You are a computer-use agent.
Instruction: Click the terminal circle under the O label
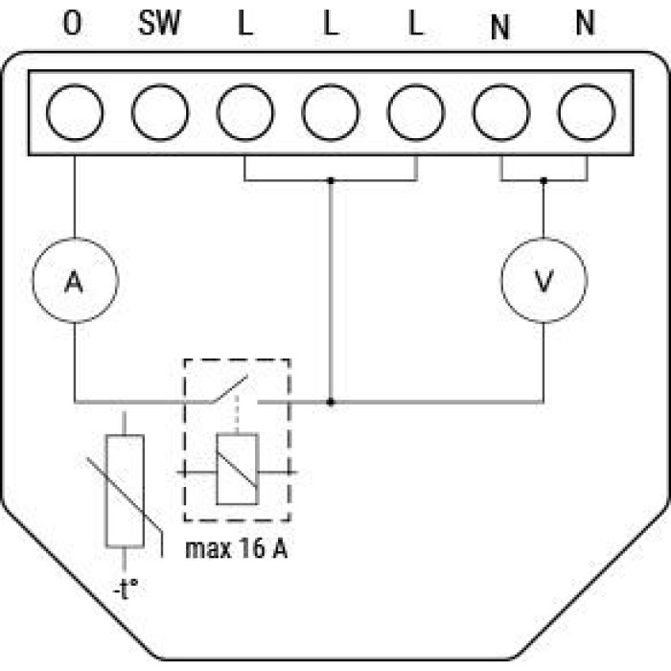pyautogui.click(x=75, y=112)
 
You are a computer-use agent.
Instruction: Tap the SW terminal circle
pyautogui.click(x=160, y=112)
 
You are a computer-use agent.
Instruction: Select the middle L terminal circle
pyautogui.click(x=331, y=112)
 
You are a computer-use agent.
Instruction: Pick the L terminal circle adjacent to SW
pyautogui.click(x=245, y=112)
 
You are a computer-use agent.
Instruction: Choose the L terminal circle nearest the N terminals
pyautogui.click(x=416, y=112)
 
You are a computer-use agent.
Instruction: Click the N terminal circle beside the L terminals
pyautogui.click(x=501, y=112)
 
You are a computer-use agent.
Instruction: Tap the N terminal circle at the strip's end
pyautogui.click(x=587, y=112)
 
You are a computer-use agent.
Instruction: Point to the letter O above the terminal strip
pyautogui.click(x=72, y=23)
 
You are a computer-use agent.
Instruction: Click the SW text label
pyautogui.click(x=160, y=23)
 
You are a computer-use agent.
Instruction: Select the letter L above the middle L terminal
pyautogui.click(x=332, y=23)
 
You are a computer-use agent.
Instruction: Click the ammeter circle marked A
pyautogui.click(x=76, y=280)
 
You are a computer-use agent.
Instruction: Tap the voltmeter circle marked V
pyautogui.click(x=544, y=280)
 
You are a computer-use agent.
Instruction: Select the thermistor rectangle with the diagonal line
pyautogui.click(x=125, y=491)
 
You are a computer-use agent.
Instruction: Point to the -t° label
pyautogui.click(x=126, y=590)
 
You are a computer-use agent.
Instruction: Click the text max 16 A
pyautogui.click(x=236, y=549)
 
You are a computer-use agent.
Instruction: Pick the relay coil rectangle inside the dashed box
pyautogui.click(x=238, y=469)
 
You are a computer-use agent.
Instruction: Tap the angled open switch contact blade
pyautogui.click(x=230, y=389)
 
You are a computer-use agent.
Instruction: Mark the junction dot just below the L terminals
pyautogui.click(x=331, y=180)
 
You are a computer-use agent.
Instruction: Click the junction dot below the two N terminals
pyautogui.click(x=544, y=180)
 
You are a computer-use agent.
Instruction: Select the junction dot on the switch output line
pyautogui.click(x=331, y=403)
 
